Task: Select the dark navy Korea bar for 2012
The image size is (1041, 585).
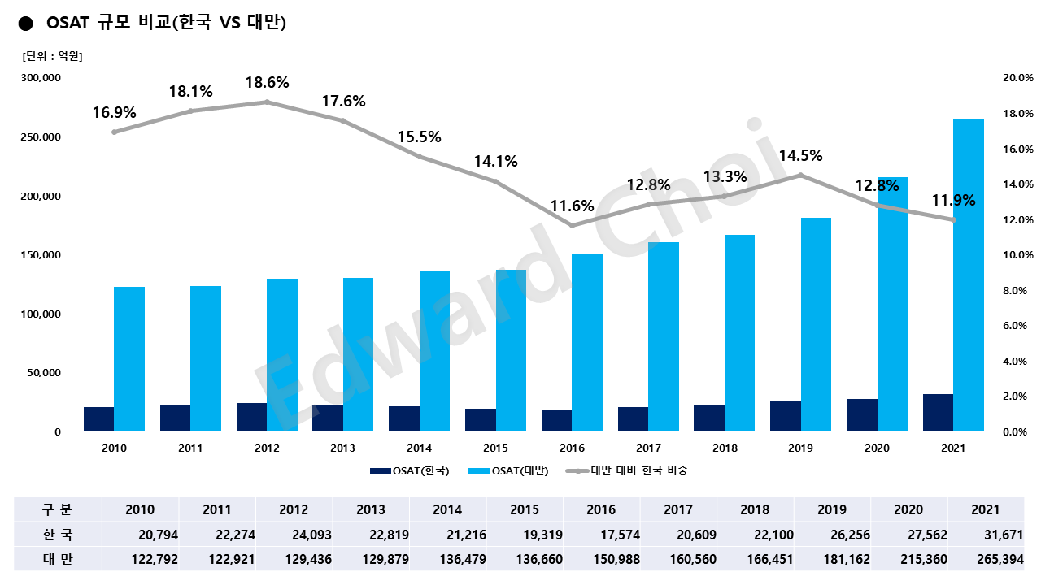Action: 251,417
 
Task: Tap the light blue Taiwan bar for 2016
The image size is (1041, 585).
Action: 587,342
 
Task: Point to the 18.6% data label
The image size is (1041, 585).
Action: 267,83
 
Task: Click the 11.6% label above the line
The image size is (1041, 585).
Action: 572,206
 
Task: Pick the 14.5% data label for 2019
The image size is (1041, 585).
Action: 800,156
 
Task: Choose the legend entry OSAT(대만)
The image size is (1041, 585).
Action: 520,470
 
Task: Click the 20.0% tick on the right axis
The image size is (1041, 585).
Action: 1017,78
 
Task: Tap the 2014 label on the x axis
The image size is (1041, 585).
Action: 419,448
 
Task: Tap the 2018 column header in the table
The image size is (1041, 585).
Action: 755,509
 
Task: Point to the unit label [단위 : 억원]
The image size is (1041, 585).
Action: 52,56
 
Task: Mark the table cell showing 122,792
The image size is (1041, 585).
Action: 151,560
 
